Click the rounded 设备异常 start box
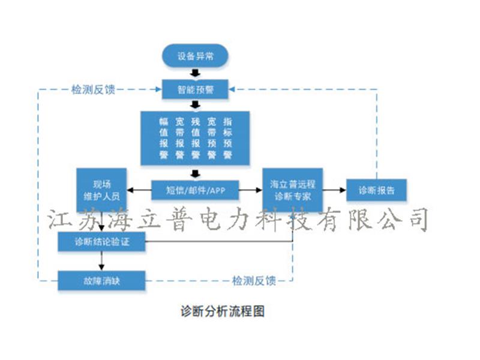coord(194,56)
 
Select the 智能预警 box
coord(194,90)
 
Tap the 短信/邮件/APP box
coord(195,191)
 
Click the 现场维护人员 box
coord(101,190)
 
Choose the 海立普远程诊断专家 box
coord(292,190)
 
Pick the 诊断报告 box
coord(376,191)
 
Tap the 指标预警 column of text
coord(227,138)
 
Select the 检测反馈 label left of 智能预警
coord(93,89)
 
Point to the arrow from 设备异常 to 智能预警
coord(194,73)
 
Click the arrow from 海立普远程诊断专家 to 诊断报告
coord(335,191)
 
